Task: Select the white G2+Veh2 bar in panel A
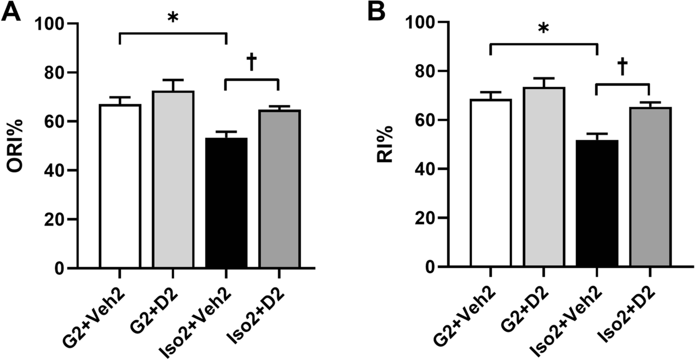(120, 186)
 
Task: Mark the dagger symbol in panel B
(622, 68)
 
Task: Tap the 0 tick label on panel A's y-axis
(58, 268)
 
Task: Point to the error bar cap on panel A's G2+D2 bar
(173, 80)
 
